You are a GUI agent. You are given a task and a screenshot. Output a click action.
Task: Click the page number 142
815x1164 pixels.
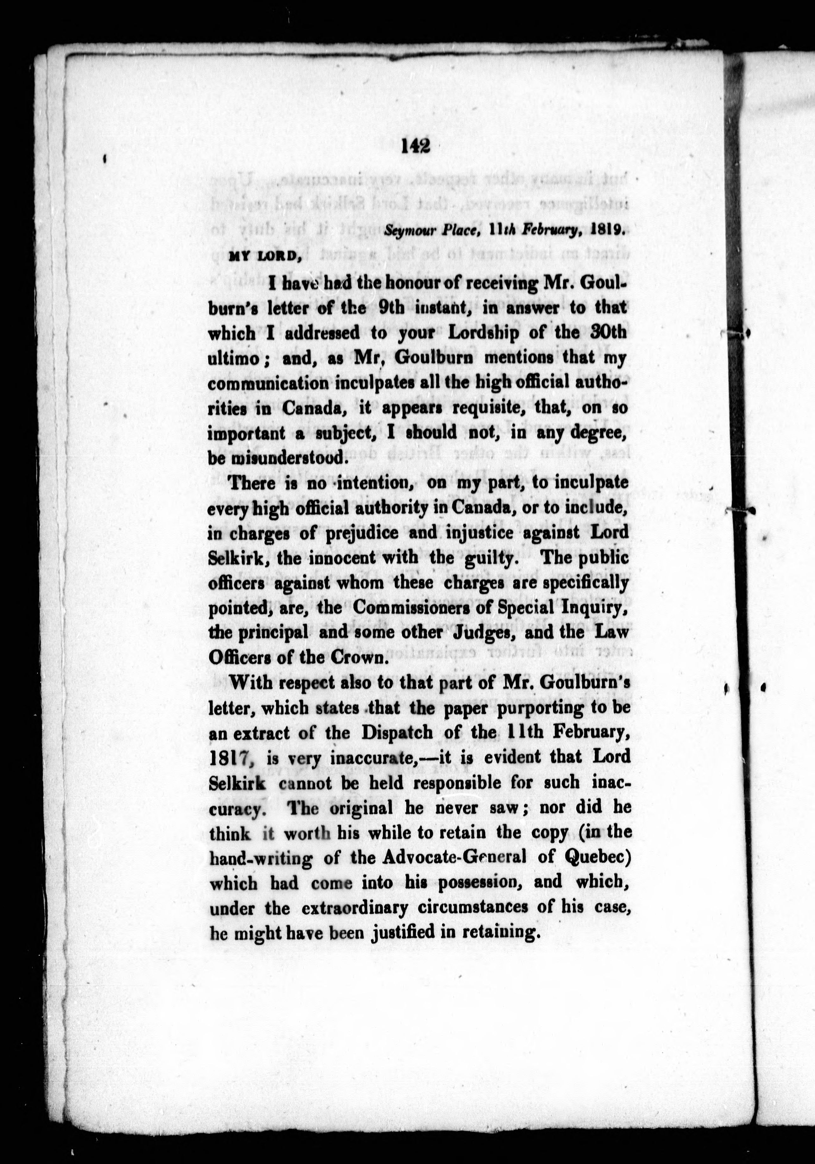[415, 146]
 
